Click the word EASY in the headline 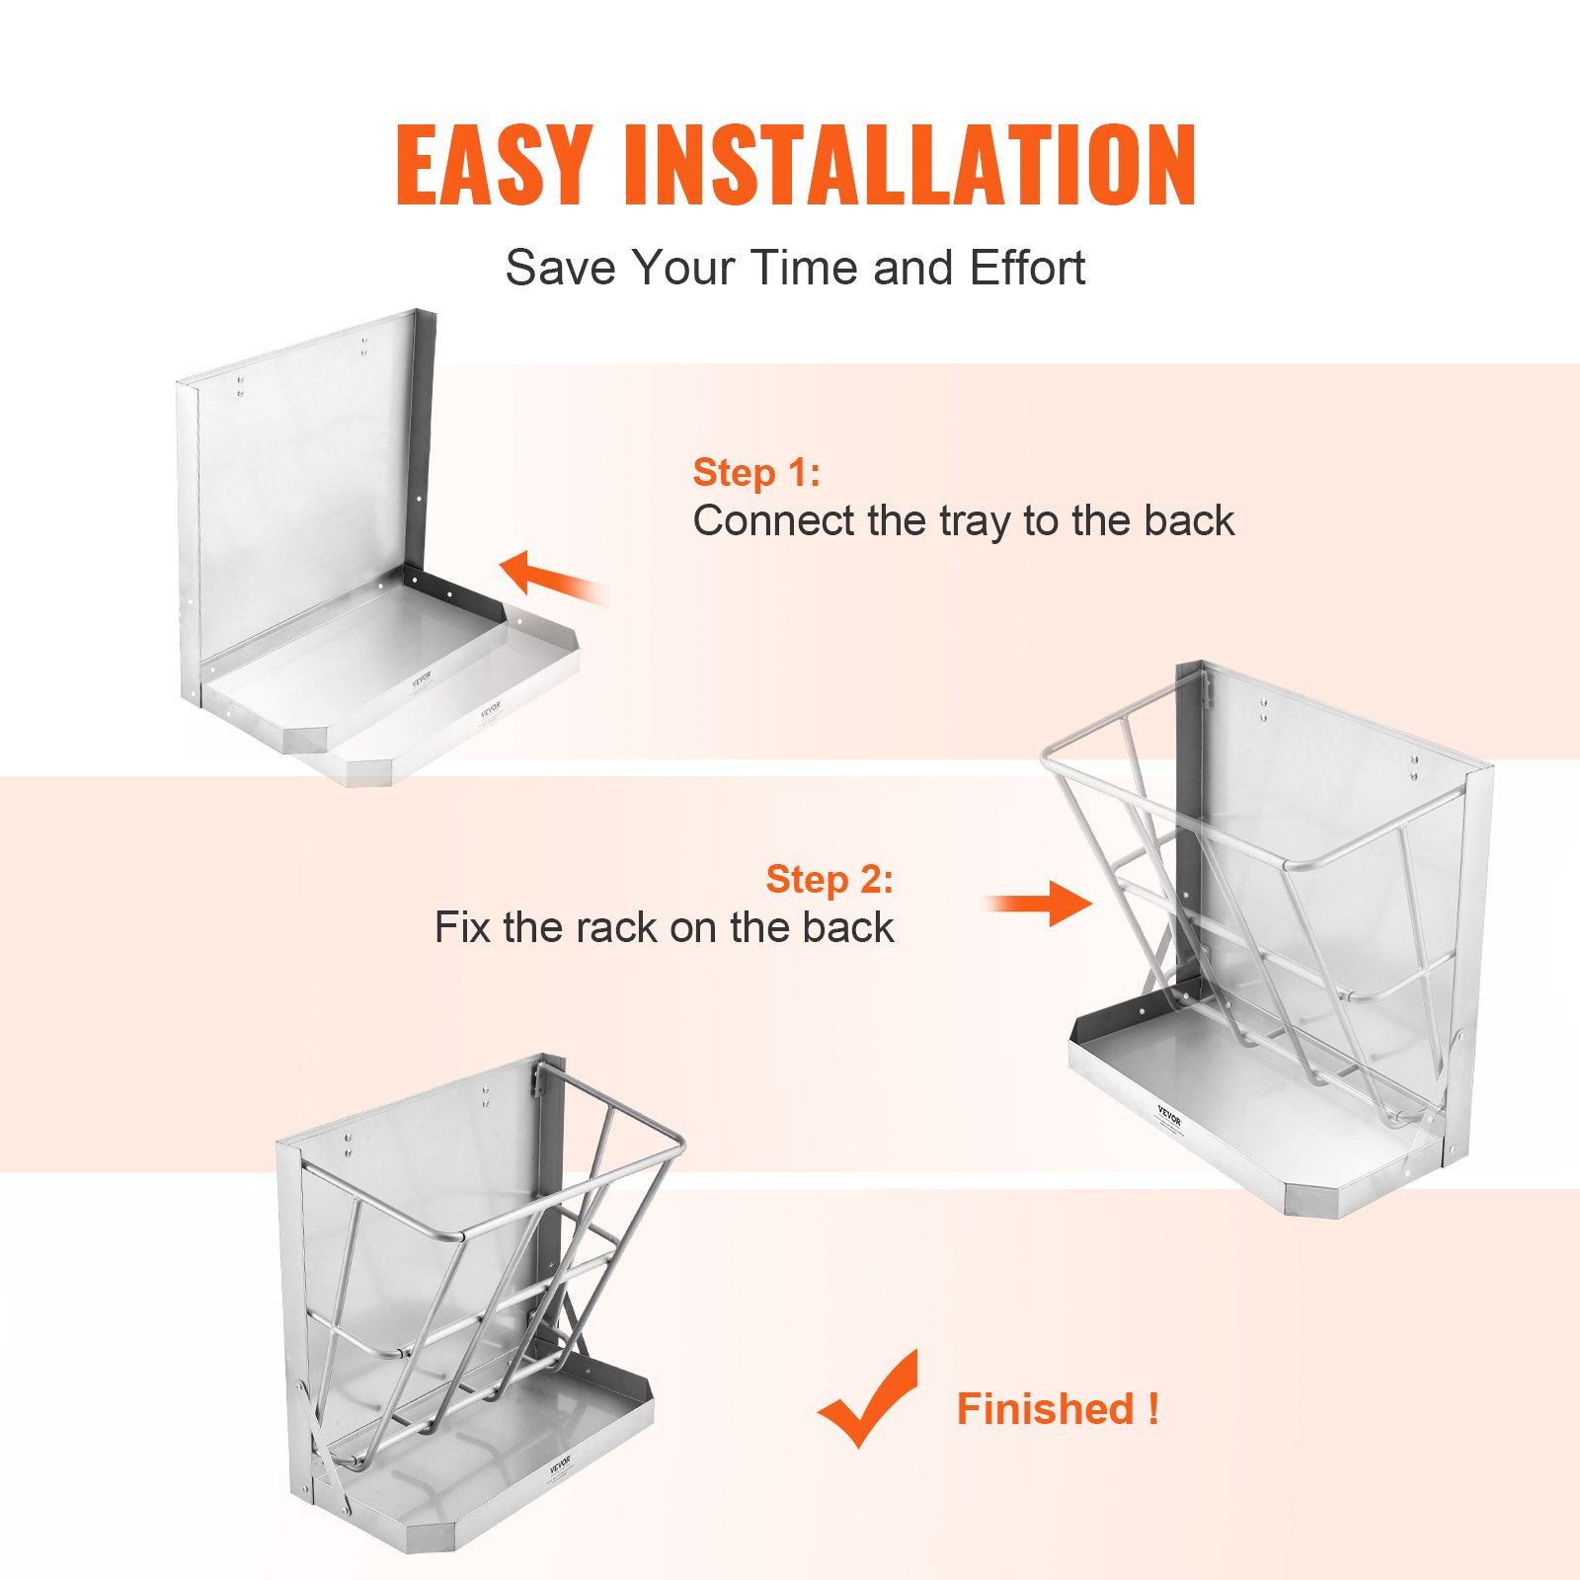[x=493, y=165]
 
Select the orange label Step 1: [x=756, y=472]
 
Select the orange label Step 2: [x=829, y=879]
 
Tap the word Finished [x=1045, y=1408]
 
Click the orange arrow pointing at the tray [x=553, y=577]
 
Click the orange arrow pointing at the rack [x=1042, y=903]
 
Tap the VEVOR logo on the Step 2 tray [x=1169, y=1116]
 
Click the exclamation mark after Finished [x=1153, y=1408]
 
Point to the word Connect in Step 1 [x=773, y=520]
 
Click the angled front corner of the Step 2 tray [x=1313, y=1200]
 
